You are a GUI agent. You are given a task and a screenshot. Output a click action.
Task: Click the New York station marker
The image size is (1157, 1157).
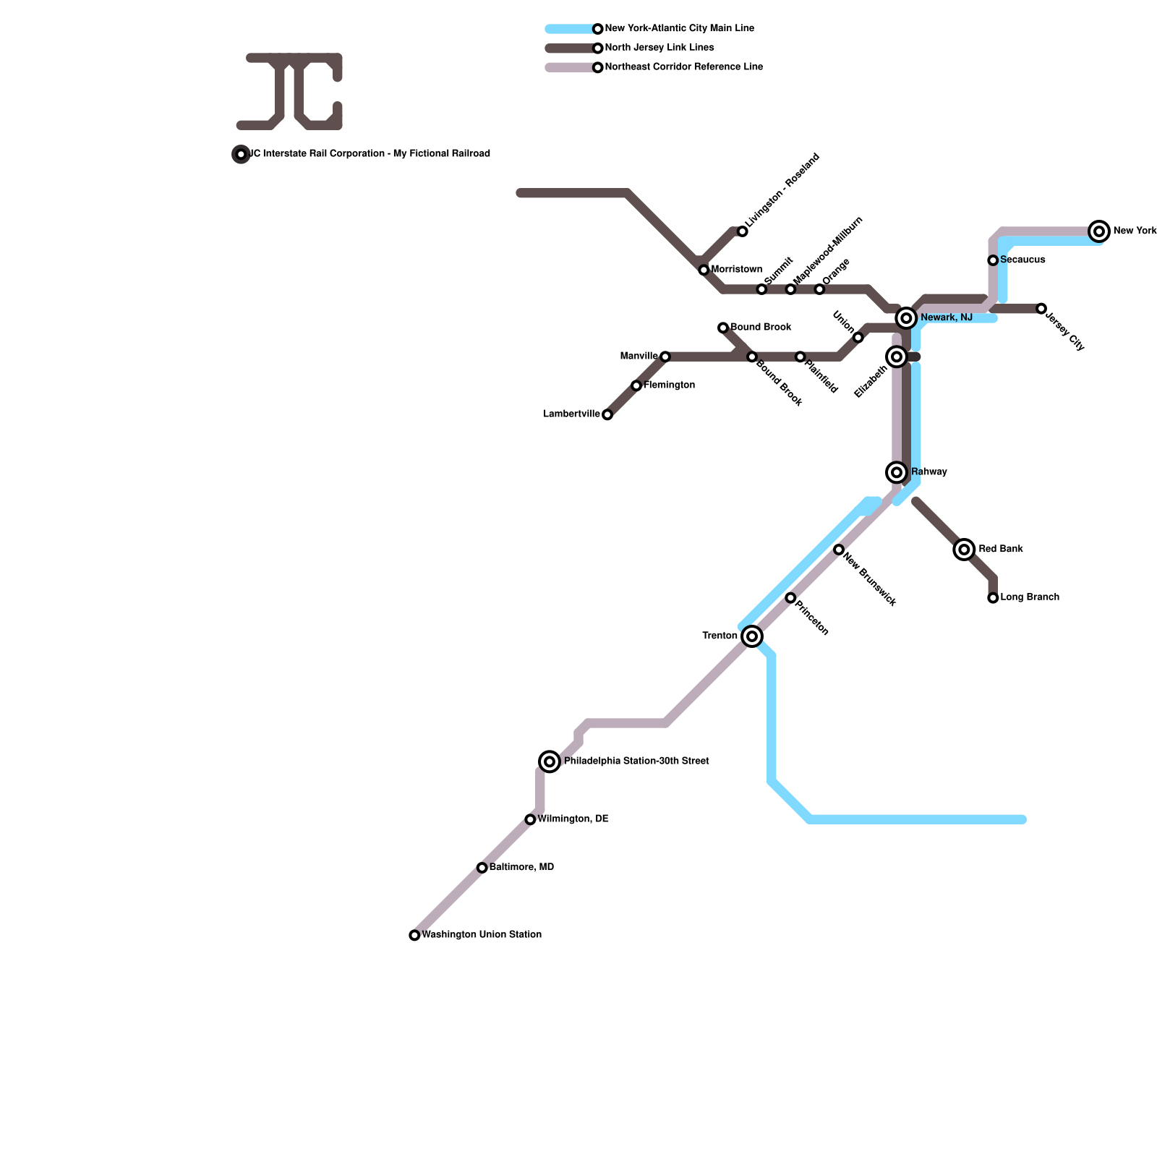[x=1099, y=231]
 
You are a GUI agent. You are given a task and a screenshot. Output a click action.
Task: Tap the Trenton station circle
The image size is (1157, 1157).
[x=752, y=636]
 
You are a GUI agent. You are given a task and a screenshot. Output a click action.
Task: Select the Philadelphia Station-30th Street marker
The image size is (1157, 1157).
[x=550, y=761]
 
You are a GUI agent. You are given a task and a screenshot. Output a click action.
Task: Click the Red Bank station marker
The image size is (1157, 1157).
[x=964, y=550]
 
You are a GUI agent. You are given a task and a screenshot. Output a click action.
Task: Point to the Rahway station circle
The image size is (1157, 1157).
[x=897, y=472]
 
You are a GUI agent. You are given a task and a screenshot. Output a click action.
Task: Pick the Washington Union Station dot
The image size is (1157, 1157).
[x=414, y=935]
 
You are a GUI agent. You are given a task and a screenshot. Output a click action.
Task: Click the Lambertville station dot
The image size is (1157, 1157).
[x=607, y=414]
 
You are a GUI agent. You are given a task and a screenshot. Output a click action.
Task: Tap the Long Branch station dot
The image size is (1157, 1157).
[x=993, y=598]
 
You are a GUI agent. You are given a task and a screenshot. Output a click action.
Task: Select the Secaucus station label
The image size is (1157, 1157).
[x=1022, y=260]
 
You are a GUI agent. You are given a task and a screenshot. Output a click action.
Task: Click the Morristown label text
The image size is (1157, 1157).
[x=736, y=269]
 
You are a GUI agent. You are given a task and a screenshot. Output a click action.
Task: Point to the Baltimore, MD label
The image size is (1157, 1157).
[x=521, y=867]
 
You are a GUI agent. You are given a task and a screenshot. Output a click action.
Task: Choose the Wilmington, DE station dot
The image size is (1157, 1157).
[x=530, y=819]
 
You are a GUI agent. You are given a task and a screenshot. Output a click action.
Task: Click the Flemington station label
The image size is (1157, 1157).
[x=669, y=385]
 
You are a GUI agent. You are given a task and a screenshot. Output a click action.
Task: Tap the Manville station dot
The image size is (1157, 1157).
[x=665, y=357]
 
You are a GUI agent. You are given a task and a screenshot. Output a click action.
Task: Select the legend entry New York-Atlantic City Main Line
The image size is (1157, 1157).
[x=679, y=29]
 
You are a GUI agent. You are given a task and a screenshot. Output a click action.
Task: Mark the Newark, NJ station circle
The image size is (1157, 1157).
[x=906, y=318]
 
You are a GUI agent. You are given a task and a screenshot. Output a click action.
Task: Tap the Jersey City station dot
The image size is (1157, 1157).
[x=1041, y=309]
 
